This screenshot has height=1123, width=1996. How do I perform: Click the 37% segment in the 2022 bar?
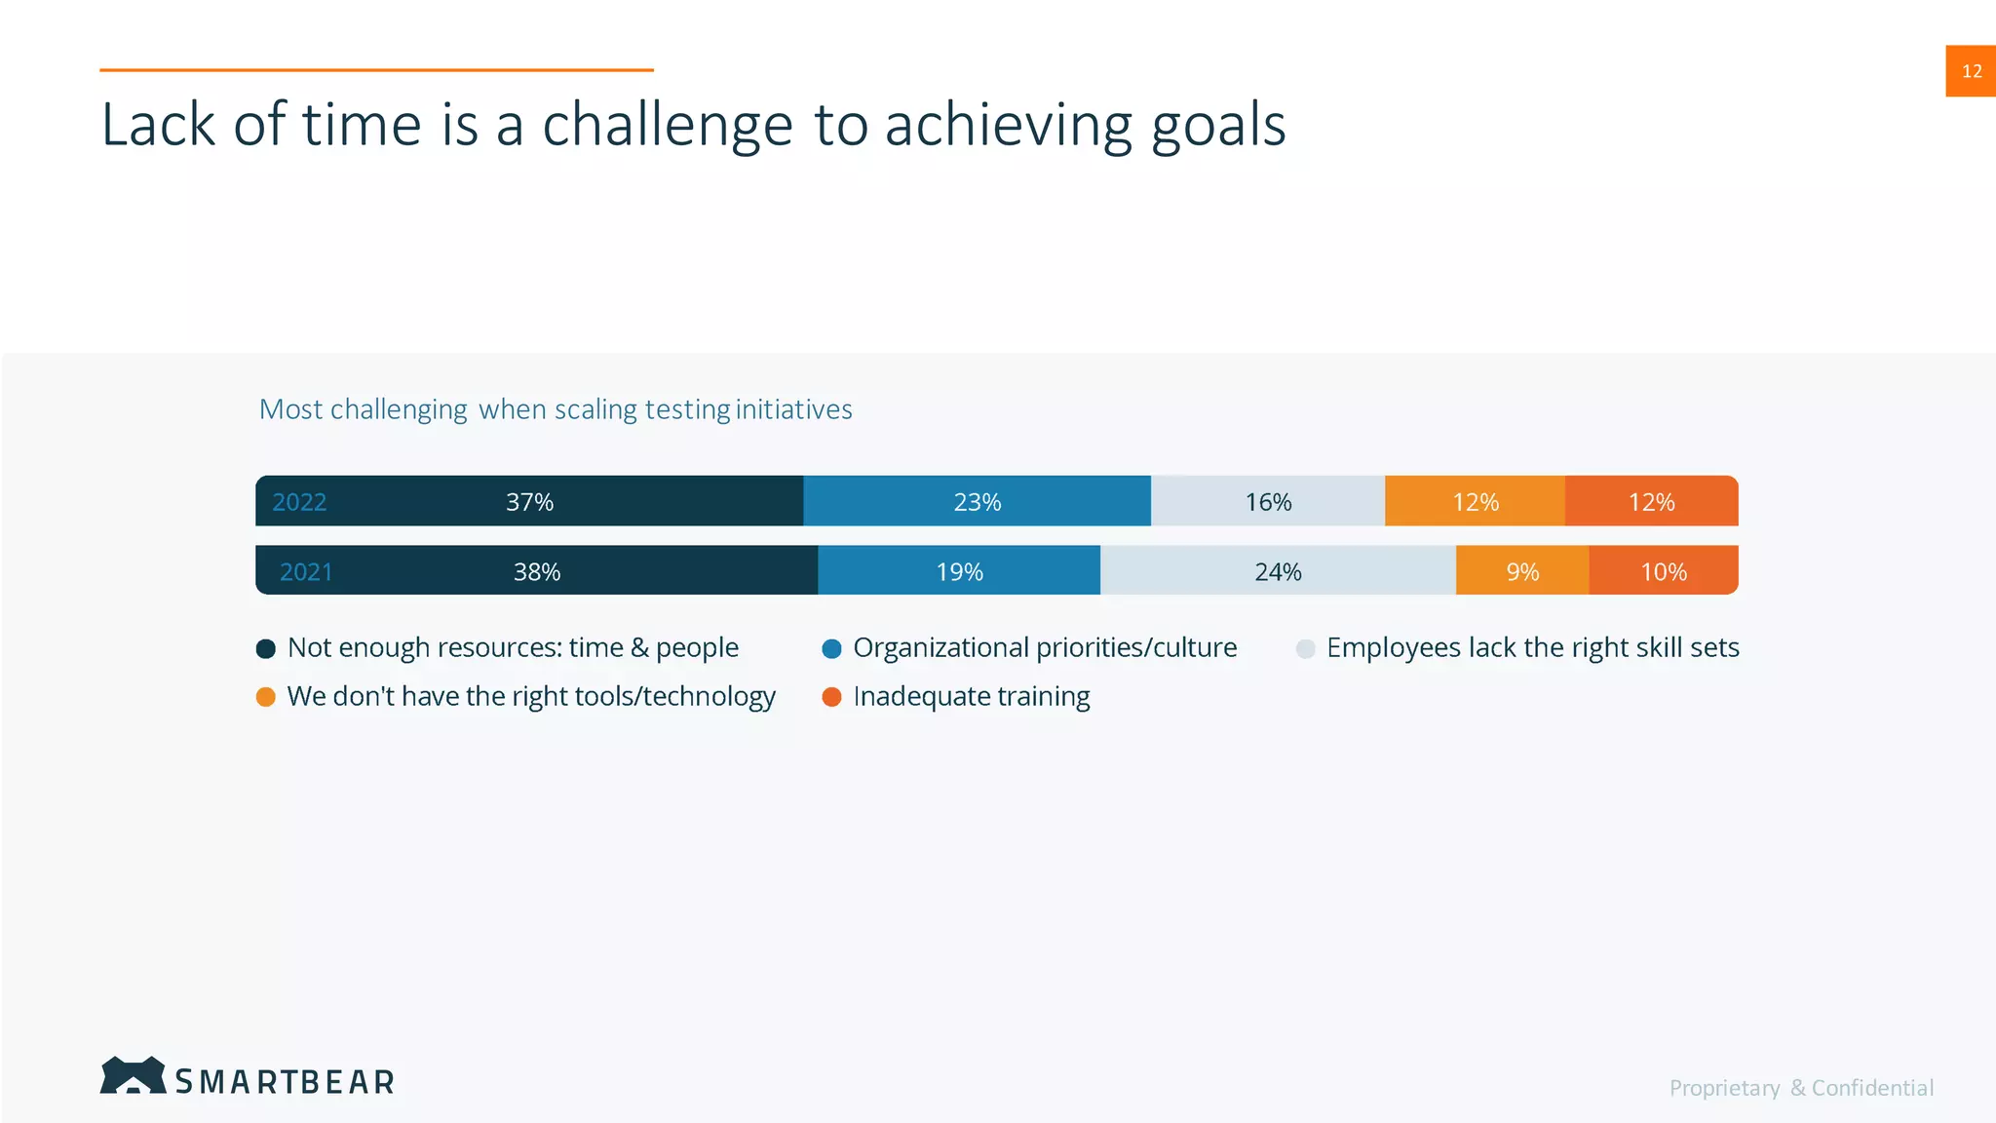tap(529, 502)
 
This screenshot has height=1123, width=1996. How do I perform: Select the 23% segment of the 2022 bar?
tap(977, 502)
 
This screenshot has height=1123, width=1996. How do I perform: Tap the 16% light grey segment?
tap(1268, 502)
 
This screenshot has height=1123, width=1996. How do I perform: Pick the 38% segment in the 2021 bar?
tap(537, 571)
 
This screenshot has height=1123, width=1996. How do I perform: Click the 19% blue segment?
tap(959, 571)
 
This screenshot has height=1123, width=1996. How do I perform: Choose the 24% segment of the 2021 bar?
tap(1278, 571)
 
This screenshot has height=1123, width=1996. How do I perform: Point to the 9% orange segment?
tap(1522, 571)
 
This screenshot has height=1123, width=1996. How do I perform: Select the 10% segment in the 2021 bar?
tap(1664, 571)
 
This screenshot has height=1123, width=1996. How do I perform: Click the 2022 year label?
tap(299, 502)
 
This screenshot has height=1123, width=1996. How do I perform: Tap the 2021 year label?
tap(306, 571)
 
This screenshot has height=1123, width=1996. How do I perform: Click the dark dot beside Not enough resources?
tap(265, 649)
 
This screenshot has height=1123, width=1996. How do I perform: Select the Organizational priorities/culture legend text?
tap(1045, 648)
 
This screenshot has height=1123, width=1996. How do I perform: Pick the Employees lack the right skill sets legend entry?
tap(1532, 648)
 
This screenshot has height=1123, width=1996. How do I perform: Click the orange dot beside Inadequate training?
tap(831, 697)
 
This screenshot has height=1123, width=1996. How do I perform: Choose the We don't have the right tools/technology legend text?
tap(531, 697)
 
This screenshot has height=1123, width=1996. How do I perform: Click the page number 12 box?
tap(1971, 71)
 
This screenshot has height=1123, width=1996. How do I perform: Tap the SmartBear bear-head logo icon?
tap(133, 1076)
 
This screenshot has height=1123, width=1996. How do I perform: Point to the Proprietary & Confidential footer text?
tap(1801, 1088)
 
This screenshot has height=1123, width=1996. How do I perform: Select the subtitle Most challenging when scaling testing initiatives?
tap(556, 409)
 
